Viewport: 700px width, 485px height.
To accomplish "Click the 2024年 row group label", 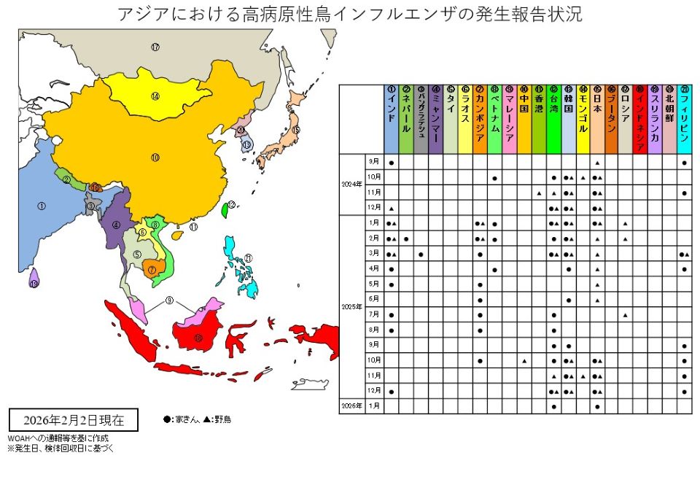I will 351,185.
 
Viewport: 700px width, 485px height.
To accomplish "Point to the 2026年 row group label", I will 351,406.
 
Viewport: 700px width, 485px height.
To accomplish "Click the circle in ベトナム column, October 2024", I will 494,177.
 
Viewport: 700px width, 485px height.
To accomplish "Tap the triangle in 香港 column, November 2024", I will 538,193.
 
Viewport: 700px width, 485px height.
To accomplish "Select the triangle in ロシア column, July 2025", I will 626,315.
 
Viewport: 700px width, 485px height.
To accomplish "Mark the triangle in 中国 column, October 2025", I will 524,361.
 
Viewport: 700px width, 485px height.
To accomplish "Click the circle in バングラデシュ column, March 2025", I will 421,255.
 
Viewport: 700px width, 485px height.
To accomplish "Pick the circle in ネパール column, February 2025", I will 406,239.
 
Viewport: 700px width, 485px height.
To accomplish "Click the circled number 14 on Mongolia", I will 155,96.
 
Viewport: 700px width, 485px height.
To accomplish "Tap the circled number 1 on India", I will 41,206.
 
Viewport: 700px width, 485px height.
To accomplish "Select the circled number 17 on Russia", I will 155,47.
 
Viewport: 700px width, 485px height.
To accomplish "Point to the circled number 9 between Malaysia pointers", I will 169,300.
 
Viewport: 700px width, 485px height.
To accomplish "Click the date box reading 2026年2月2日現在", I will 73,421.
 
